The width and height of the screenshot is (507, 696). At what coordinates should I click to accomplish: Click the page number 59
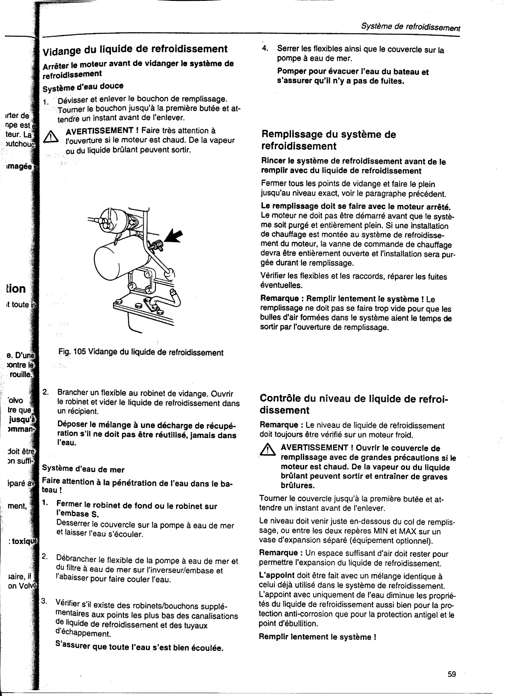coord(452,674)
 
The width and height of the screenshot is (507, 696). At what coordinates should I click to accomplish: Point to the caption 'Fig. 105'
coord(72,352)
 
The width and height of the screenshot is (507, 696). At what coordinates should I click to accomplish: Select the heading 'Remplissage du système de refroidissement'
coord(328,140)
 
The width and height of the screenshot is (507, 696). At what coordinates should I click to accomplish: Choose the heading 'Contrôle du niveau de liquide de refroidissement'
coord(354,404)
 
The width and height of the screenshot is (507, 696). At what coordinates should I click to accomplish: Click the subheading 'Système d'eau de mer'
coord(83,470)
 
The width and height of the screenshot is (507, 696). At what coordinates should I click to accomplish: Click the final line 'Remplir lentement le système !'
coord(317,637)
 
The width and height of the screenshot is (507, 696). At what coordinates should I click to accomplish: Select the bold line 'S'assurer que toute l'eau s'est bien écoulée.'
coord(140,647)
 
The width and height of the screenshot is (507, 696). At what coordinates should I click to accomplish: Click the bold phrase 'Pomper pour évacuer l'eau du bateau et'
coord(353,72)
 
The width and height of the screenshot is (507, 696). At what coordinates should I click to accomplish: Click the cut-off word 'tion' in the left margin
coord(16,289)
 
